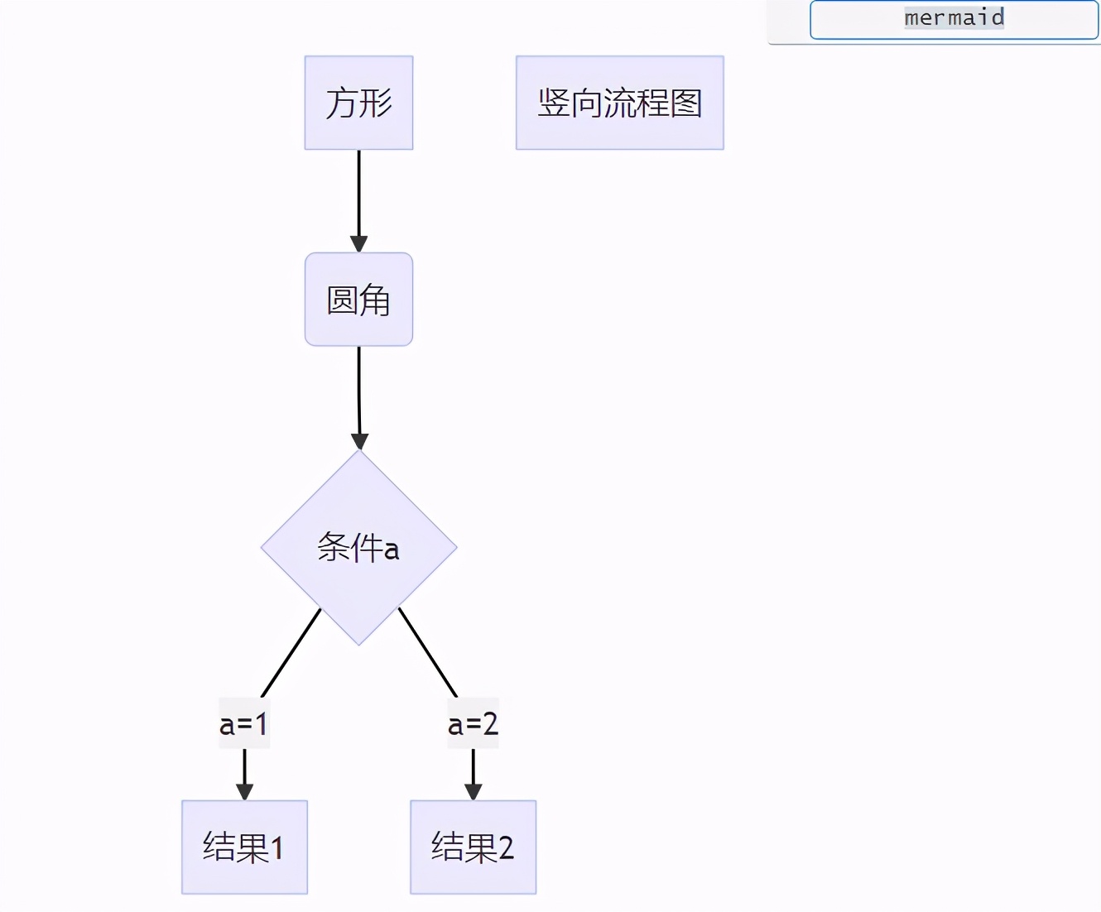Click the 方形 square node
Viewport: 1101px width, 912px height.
click(x=358, y=103)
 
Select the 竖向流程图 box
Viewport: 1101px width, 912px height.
click(x=619, y=103)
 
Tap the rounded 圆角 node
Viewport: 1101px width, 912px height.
click(x=358, y=299)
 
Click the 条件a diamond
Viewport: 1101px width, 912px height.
click(x=358, y=547)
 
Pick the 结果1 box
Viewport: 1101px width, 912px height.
click(x=244, y=847)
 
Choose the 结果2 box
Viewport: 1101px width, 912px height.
click(x=473, y=847)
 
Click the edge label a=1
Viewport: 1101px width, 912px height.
click(x=244, y=723)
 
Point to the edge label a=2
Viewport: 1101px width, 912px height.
click(x=473, y=723)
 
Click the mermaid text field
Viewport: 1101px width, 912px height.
click(x=954, y=19)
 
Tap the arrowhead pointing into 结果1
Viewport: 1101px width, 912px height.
click(x=244, y=791)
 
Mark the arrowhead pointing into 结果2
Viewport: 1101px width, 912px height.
click(x=473, y=791)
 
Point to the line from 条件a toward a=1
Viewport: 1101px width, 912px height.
click(x=291, y=652)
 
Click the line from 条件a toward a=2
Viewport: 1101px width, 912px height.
click(x=427, y=652)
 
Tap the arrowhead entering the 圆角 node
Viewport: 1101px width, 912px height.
click(x=358, y=244)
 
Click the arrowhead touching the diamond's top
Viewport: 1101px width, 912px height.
click(x=359, y=441)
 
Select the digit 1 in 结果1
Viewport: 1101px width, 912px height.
click(x=277, y=848)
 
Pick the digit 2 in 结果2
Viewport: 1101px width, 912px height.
click(x=506, y=848)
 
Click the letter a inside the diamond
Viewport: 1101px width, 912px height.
click(x=392, y=550)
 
